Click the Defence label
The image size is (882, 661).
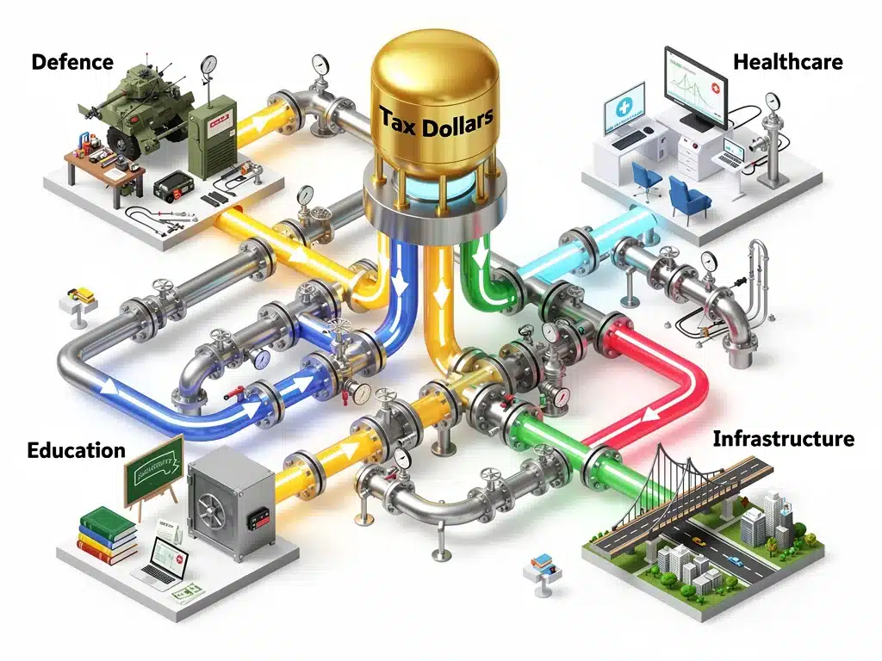(72, 62)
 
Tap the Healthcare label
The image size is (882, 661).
(787, 62)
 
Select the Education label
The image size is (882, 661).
(76, 450)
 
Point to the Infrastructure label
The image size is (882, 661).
(784, 438)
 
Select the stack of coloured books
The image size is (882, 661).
(109, 535)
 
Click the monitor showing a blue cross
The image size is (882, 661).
(624, 109)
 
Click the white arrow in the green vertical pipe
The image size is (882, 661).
(481, 259)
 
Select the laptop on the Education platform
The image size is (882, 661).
(161, 559)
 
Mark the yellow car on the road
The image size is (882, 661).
(699, 541)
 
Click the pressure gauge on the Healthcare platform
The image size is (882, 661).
(773, 102)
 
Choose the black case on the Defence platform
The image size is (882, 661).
(172, 186)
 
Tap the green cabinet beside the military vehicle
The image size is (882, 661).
(213, 135)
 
